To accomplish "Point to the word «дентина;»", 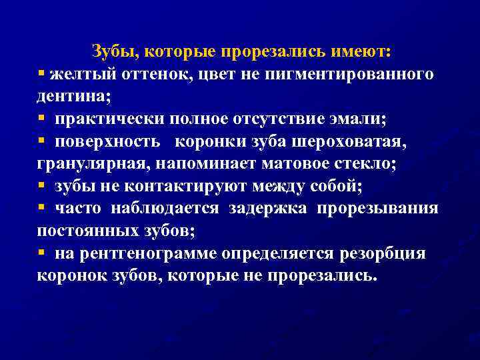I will [x=74, y=96].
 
